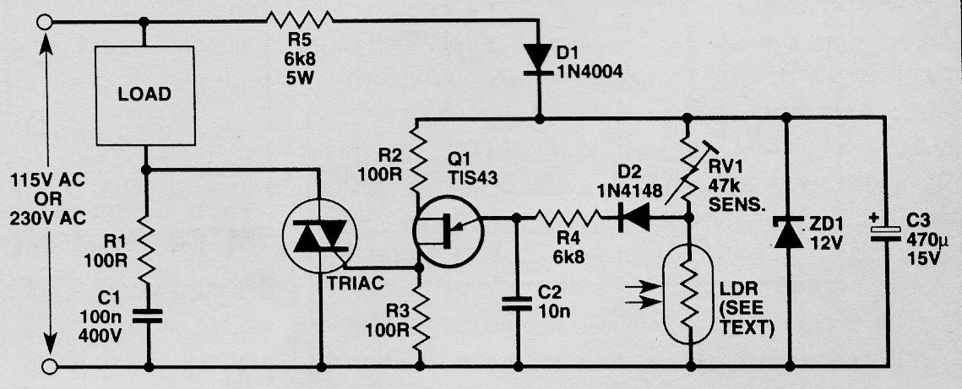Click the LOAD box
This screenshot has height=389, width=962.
[144, 96]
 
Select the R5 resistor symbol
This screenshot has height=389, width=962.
[300, 21]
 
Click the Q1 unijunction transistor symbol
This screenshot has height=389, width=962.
[448, 231]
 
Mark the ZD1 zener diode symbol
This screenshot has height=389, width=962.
[788, 231]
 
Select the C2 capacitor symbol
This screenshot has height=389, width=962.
[517, 303]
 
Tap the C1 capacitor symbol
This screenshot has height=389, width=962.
[148, 316]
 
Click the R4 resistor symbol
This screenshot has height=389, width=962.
[568, 217]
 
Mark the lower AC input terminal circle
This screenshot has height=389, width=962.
[49, 366]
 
